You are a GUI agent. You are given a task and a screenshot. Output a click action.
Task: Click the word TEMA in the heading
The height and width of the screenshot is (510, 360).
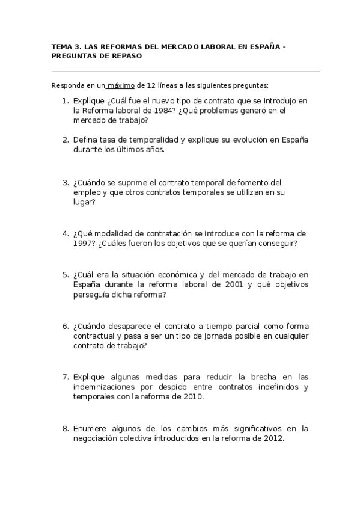pyautogui.click(x=59, y=46)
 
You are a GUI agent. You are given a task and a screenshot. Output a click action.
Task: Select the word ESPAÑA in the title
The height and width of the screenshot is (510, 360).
pyautogui.click(x=263, y=46)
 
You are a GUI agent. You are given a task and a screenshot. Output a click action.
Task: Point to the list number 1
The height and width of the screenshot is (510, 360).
pyautogui.click(x=66, y=101)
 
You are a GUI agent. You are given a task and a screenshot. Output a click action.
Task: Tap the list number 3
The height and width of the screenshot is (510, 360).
pyautogui.click(x=66, y=182)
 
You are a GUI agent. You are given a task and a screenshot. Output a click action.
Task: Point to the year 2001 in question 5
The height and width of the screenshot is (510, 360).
pyautogui.click(x=222, y=285)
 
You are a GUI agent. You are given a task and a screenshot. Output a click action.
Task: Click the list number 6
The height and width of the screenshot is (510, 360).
pyautogui.click(x=66, y=327)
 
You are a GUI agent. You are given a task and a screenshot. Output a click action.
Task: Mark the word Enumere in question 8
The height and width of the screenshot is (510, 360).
pyautogui.click(x=90, y=429)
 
